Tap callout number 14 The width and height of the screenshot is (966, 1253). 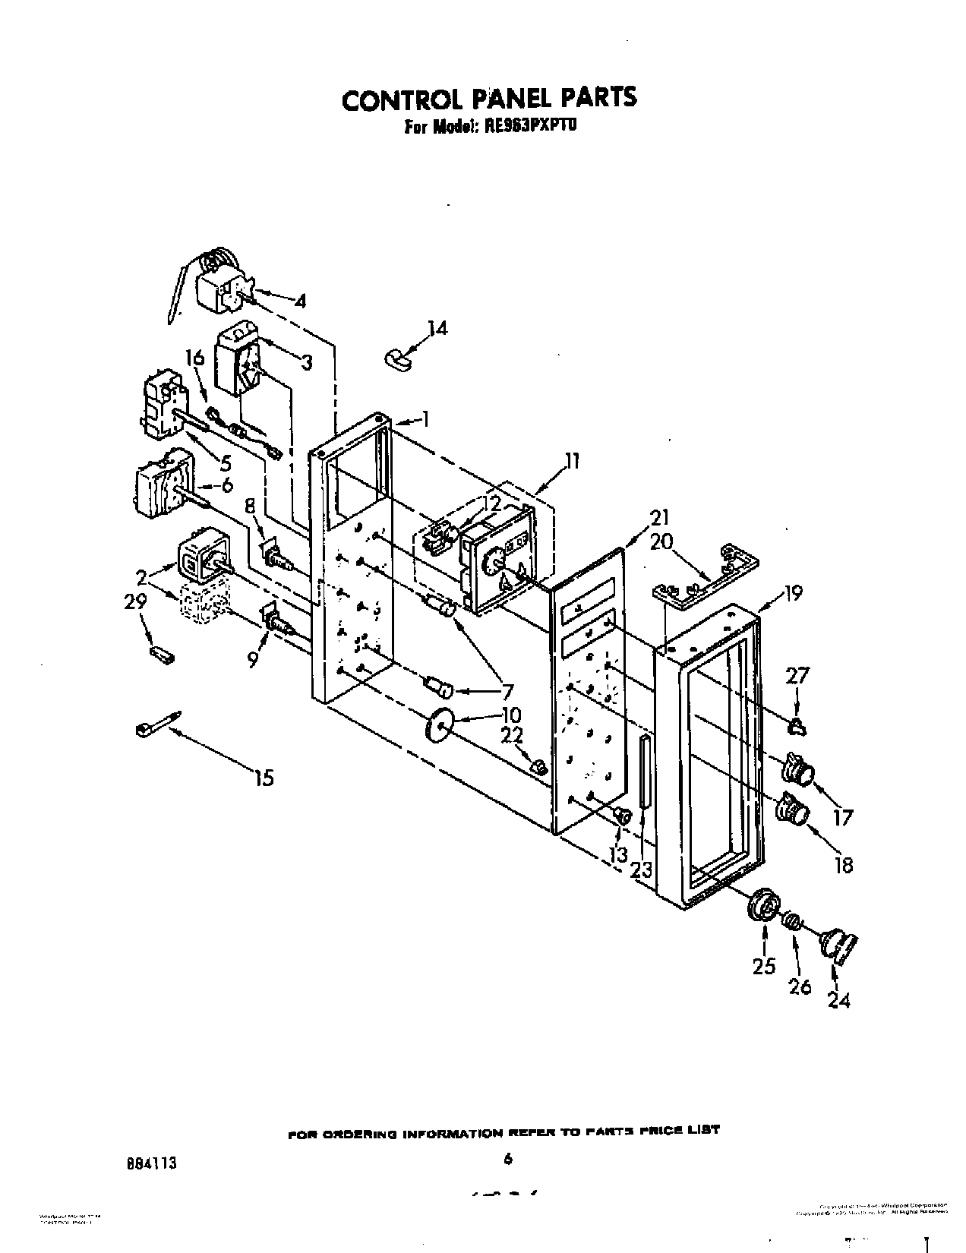pyautogui.click(x=437, y=328)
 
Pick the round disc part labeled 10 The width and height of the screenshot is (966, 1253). pyautogui.click(x=439, y=724)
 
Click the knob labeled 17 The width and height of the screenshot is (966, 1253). pyautogui.click(x=797, y=769)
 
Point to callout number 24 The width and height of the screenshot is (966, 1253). pyautogui.click(x=838, y=1001)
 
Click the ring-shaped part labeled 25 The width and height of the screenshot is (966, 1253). pyautogui.click(x=762, y=906)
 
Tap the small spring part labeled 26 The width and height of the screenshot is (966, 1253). pyautogui.click(x=793, y=922)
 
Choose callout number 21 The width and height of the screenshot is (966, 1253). pyautogui.click(x=659, y=518)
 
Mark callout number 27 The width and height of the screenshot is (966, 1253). pyautogui.click(x=799, y=677)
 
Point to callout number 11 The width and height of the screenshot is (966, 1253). pyautogui.click(x=571, y=461)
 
